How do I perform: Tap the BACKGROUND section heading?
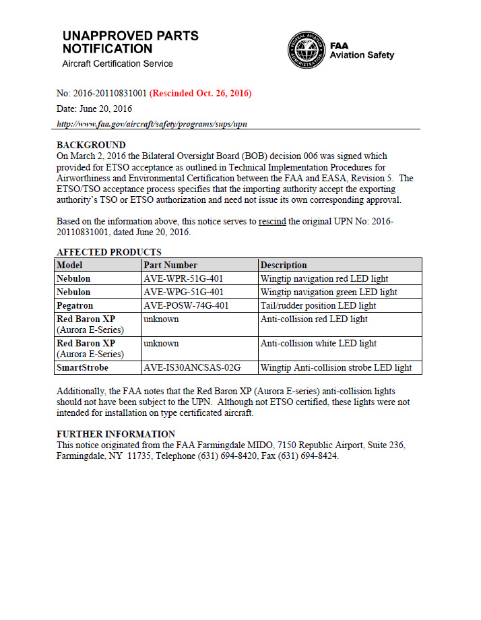point(91,145)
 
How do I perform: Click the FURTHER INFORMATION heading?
point(116,434)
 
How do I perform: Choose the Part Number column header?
point(170,265)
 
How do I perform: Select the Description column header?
point(284,265)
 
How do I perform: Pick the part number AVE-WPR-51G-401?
point(183,278)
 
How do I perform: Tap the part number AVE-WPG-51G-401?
point(183,292)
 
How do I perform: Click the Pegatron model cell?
point(75,305)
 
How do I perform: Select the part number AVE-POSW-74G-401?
point(186,305)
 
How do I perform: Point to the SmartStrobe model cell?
point(82,367)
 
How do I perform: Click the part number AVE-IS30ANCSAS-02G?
point(192,367)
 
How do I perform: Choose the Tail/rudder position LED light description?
point(318,305)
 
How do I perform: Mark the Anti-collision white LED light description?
point(318,343)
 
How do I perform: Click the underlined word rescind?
point(272,221)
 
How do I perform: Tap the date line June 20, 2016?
point(94,108)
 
